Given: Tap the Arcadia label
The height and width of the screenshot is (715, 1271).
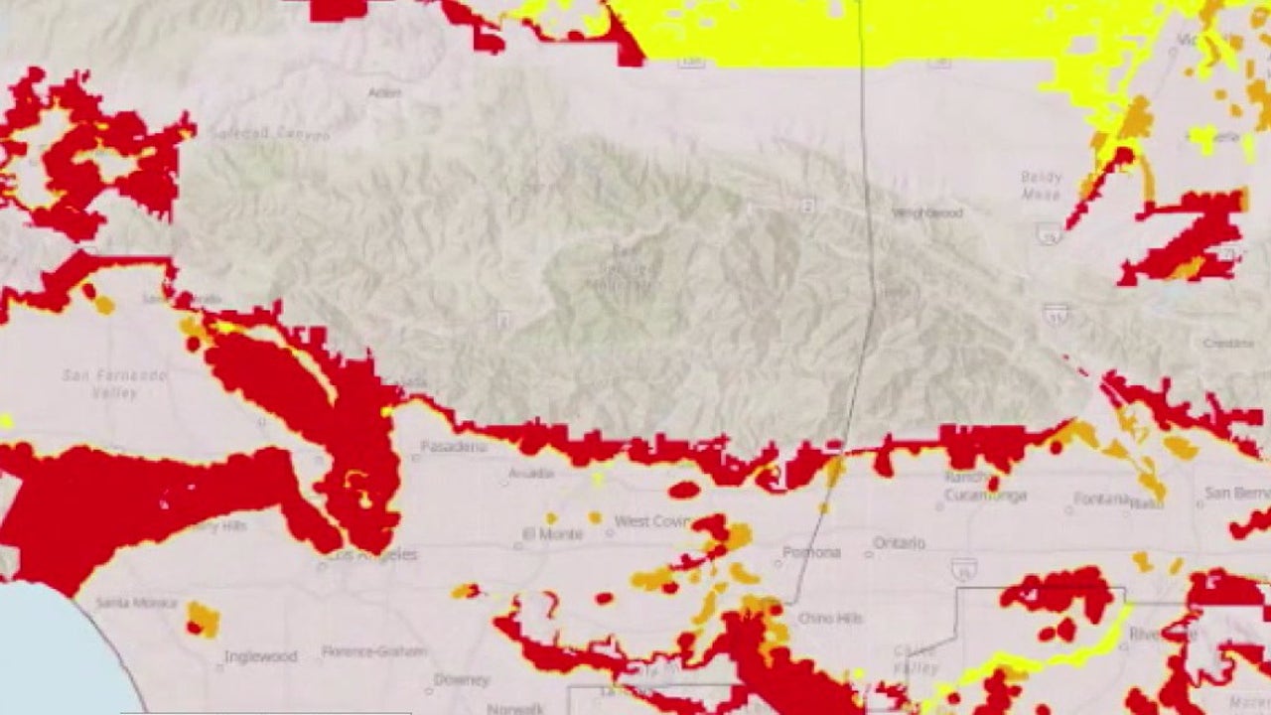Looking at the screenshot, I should pos(530,474).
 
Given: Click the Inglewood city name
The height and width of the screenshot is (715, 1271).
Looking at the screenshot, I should pos(260,656).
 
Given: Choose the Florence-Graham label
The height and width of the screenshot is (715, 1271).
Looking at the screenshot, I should pos(374,651).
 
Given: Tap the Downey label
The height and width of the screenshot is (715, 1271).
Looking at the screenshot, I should pos(462,680).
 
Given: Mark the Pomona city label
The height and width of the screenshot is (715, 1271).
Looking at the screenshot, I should pos(811,552).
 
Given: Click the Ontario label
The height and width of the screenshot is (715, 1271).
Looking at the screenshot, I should pos(899,543).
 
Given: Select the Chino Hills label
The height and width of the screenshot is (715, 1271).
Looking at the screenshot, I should pos(830,618).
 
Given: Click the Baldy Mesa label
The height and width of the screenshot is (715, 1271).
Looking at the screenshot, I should pos(1041,186).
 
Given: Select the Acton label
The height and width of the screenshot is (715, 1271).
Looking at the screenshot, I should pos(384,92).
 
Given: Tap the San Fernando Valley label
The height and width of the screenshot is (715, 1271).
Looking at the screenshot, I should pos(114,383).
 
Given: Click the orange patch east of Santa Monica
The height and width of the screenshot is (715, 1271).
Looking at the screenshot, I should pos(203,619).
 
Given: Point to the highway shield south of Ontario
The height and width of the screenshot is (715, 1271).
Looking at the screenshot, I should pos(960,568).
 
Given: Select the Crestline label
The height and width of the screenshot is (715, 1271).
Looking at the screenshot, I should pos(1228,343).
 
